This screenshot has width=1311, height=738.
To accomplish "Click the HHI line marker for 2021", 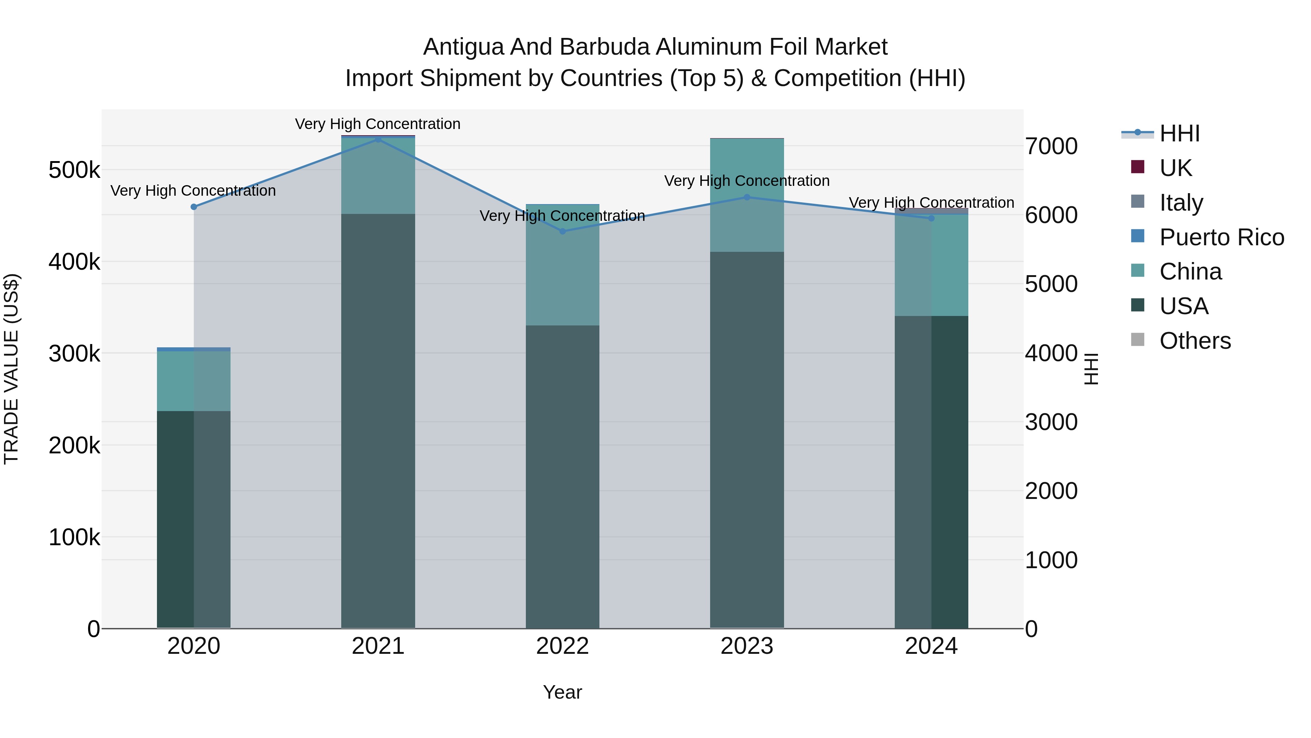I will tap(378, 139).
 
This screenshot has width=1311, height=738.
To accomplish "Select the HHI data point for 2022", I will tap(562, 231).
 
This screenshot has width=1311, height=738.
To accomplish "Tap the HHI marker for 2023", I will tap(747, 197).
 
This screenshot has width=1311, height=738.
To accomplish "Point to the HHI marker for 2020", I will tap(194, 207).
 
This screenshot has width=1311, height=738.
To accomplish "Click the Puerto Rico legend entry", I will tap(1221, 237).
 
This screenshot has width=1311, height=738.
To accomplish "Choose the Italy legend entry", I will tap(1181, 203).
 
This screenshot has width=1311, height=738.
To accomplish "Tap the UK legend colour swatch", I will tap(1137, 167).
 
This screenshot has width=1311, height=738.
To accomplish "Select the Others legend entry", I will tap(1194, 341).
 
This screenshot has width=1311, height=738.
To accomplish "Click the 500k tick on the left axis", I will tap(74, 170).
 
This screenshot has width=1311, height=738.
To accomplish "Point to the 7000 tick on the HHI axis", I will tap(1051, 147).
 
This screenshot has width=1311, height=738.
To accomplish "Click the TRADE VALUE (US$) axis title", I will tap(11, 369).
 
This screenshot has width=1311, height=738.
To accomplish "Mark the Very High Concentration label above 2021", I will tap(378, 124).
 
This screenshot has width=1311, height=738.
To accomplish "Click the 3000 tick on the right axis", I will tap(1051, 423).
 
